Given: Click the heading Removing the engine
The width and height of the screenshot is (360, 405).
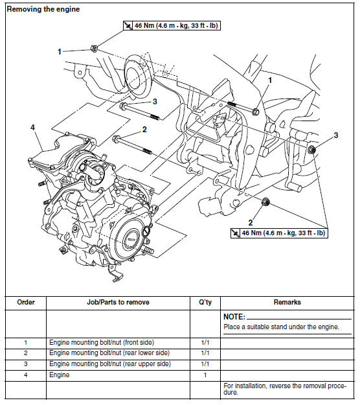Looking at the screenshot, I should [43, 9].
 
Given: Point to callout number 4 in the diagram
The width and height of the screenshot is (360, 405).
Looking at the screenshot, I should [32, 128].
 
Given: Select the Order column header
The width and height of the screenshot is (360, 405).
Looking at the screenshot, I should [25, 302].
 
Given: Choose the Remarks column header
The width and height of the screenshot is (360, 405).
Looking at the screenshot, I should [287, 302].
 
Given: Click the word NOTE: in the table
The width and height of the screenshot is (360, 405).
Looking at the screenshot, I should [234, 317].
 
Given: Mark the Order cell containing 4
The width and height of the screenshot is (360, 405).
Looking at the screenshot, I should [25, 375].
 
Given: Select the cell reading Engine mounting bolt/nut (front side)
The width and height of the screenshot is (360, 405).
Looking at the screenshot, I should [102, 341].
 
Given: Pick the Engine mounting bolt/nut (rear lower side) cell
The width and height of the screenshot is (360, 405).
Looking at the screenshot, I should [106, 353].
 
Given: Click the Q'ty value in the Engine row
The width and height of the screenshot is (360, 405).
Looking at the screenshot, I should [205, 375].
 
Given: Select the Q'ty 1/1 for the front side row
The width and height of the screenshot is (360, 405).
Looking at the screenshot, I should [205, 341].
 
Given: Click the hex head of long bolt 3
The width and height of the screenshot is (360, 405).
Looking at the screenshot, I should [123, 105].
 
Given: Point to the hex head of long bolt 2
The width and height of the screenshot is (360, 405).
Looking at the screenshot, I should [116, 138].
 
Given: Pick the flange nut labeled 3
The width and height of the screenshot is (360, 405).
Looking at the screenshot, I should [311, 151].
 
